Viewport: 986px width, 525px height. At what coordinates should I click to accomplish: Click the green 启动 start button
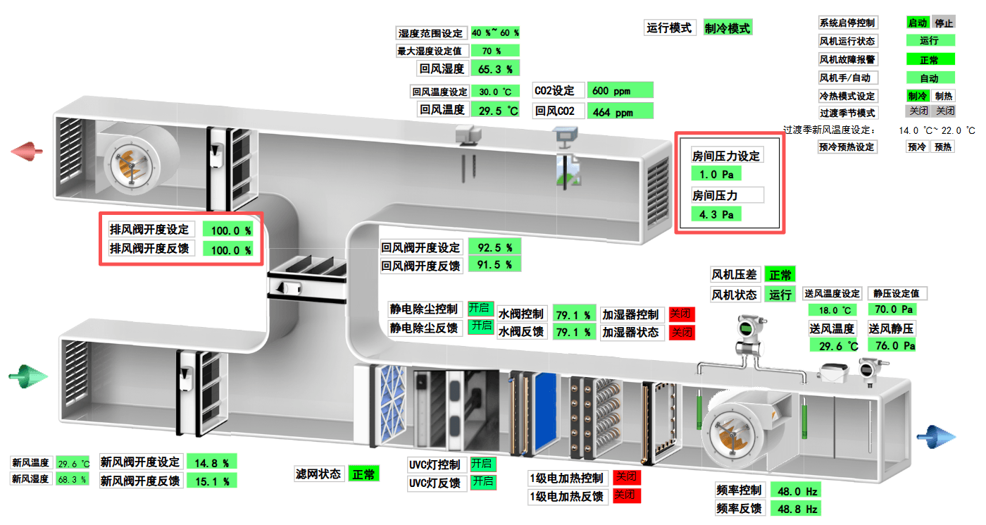point(918,23)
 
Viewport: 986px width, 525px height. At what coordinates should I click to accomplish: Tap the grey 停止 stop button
point(944,23)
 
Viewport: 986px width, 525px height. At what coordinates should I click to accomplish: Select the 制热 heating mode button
point(944,96)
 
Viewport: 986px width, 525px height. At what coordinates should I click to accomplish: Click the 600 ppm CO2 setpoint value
point(620,90)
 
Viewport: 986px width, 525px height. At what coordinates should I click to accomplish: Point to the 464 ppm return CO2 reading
point(620,111)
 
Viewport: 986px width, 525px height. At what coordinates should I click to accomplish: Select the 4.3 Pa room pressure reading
point(716,214)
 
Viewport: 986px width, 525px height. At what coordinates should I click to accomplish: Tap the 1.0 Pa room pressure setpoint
point(716,173)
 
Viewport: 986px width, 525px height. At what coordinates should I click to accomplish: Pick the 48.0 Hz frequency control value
point(796,490)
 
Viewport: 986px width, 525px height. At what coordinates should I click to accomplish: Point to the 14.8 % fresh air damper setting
point(211,462)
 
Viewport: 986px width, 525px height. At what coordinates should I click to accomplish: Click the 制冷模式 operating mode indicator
point(728,28)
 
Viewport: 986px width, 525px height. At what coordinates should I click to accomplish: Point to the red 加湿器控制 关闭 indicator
point(682,314)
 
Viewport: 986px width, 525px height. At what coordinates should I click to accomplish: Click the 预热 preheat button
point(944,147)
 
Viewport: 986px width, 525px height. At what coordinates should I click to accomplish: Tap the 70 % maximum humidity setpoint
point(494,51)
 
